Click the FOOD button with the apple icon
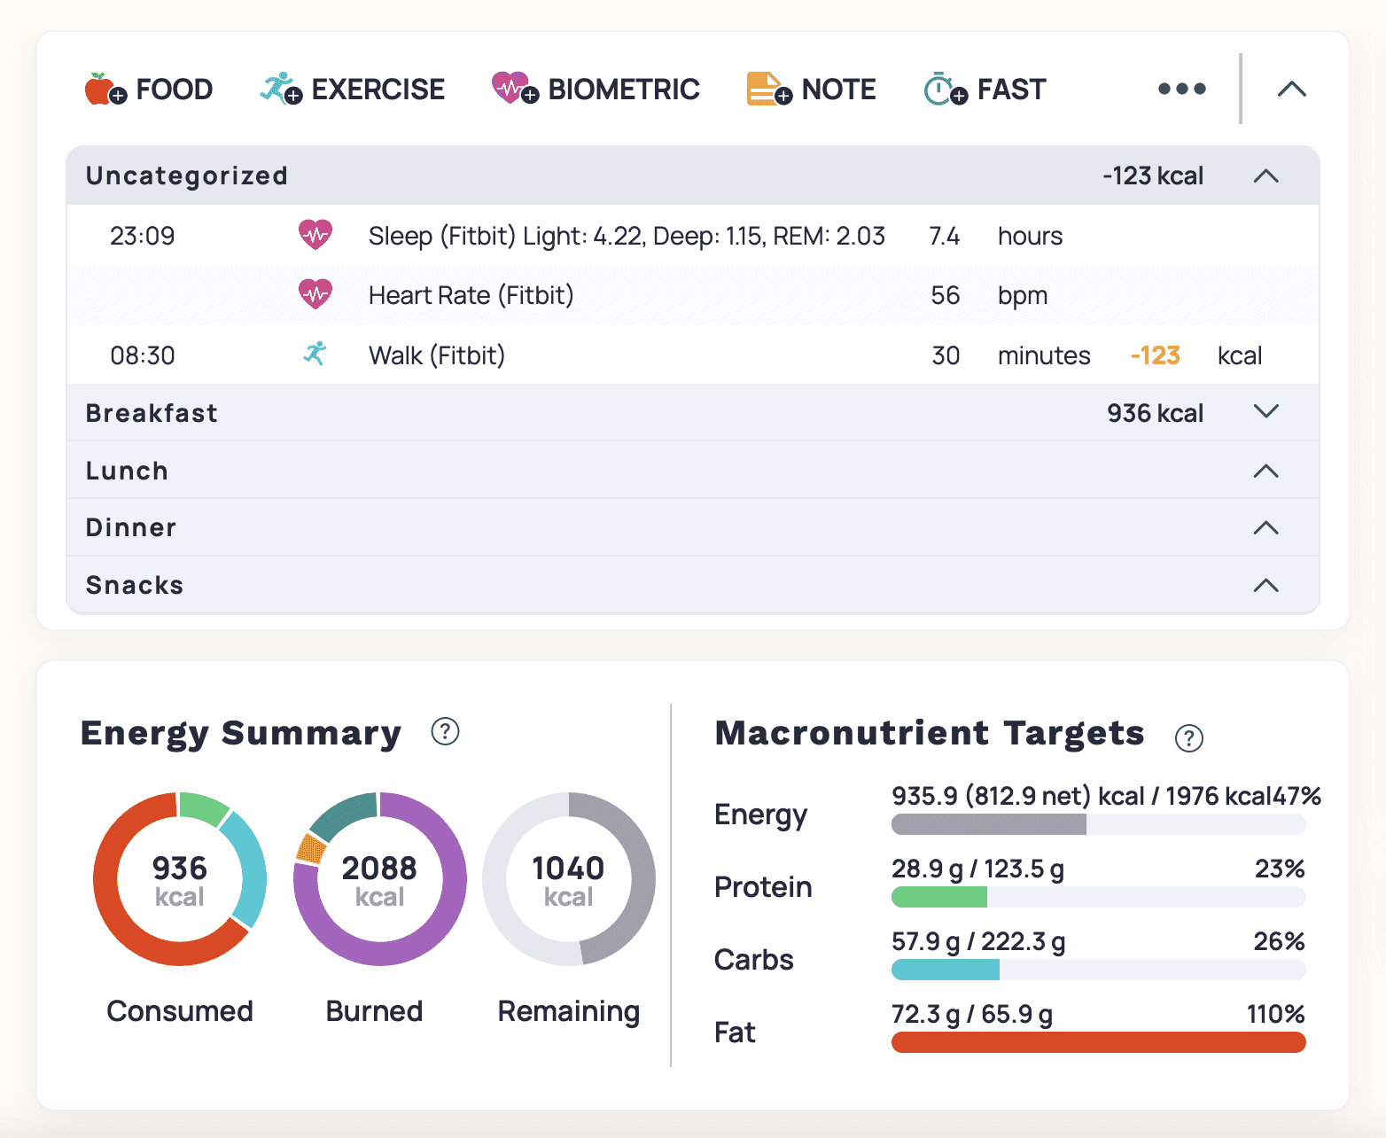(149, 90)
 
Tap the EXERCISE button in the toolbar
(353, 90)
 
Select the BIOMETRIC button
(596, 90)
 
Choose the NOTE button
(811, 90)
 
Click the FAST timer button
(985, 90)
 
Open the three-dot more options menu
(1181, 90)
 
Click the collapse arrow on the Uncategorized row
(1265, 176)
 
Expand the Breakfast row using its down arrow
(1265, 412)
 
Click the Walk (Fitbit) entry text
(436, 355)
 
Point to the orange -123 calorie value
(1155, 355)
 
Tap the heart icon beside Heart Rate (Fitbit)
(315, 294)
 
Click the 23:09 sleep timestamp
(142, 236)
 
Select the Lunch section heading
(127, 471)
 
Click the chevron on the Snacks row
(1265, 585)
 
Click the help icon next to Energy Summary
(445, 732)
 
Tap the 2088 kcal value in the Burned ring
(379, 869)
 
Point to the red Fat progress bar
(1098, 1042)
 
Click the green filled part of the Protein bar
(938, 897)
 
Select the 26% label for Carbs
(1278, 941)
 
